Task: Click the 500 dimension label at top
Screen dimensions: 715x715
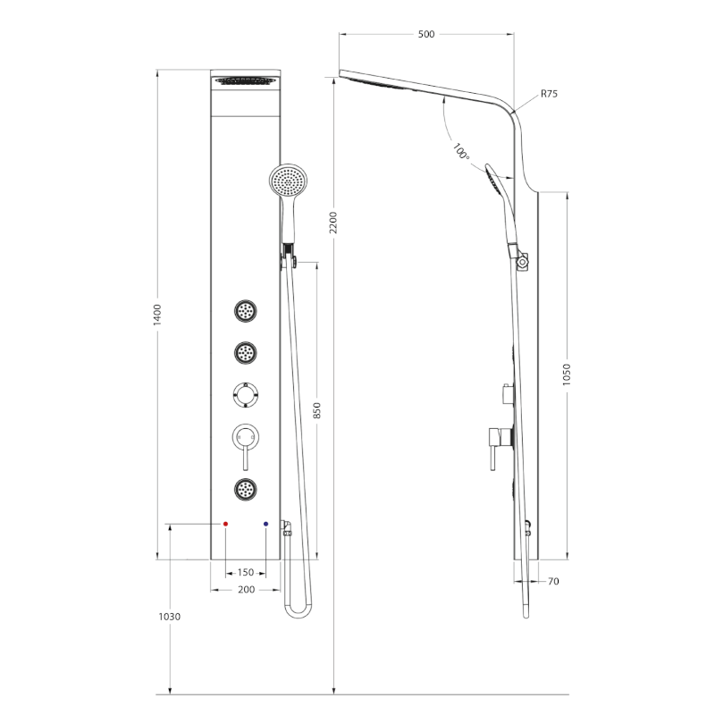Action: (426, 34)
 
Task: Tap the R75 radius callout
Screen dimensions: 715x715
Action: (549, 94)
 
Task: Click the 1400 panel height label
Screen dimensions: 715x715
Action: (157, 315)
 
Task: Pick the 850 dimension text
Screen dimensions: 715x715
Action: (316, 410)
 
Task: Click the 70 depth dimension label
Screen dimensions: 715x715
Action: (553, 582)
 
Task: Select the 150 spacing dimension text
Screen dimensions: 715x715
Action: (246, 572)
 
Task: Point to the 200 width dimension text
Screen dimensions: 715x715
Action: (246, 590)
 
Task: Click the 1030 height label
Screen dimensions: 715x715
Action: (170, 617)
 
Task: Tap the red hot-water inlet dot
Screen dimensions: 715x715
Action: (225, 525)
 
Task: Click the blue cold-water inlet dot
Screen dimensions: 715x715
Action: (266, 525)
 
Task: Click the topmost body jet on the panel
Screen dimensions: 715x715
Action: (246, 312)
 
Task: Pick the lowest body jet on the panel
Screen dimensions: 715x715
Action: (246, 488)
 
